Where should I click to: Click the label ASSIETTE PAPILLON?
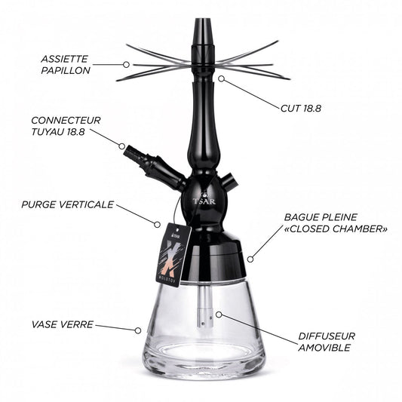click(66, 65)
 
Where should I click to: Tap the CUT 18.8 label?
click(301, 109)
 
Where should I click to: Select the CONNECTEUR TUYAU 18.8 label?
click(66, 126)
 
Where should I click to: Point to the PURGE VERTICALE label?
click(67, 204)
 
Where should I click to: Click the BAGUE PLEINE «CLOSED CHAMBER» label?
click(336, 223)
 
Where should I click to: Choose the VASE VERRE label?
click(63, 324)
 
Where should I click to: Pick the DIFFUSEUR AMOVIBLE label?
click(327, 342)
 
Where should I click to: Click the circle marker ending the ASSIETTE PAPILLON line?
click(126, 65)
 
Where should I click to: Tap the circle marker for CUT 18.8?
click(222, 78)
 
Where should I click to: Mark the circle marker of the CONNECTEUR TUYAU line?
click(121, 146)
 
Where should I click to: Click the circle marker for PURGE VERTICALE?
click(157, 224)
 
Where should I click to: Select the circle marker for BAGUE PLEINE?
click(250, 259)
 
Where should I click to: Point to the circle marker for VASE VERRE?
click(138, 330)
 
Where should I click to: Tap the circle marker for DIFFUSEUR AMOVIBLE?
click(219, 315)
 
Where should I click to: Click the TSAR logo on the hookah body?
click(204, 200)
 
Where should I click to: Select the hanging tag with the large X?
click(173, 254)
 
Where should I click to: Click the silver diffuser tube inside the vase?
click(205, 306)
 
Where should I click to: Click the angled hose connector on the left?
click(155, 167)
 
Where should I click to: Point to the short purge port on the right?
click(228, 180)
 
